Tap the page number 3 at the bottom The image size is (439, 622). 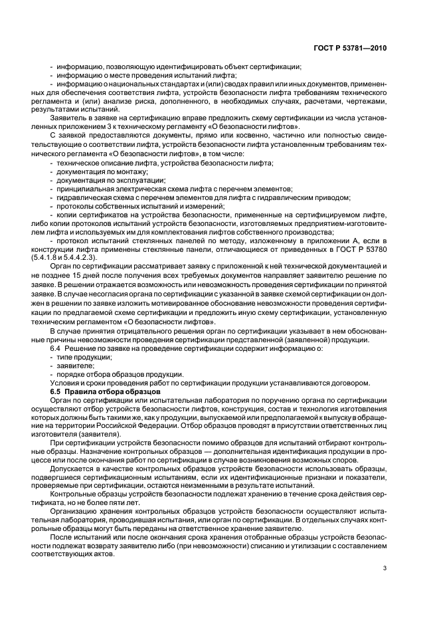point(385,568)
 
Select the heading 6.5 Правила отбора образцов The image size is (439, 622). point(97,391)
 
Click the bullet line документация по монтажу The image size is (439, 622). point(93,171)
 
